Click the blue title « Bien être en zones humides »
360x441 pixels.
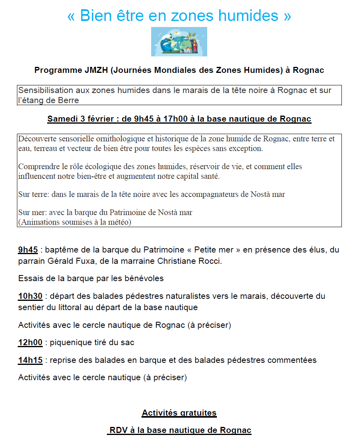tap(179, 15)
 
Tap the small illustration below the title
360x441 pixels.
tap(179, 41)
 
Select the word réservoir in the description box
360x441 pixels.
tap(197, 166)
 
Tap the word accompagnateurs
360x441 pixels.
tap(219, 195)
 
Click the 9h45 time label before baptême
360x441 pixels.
tap(28, 250)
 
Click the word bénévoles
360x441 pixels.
tap(144, 278)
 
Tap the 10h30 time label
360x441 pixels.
tap(30, 296)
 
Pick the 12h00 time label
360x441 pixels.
tap(30, 343)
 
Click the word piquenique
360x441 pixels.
tap(69, 343)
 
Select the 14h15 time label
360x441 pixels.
tap(30, 360)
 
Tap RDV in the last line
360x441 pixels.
tap(118, 430)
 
